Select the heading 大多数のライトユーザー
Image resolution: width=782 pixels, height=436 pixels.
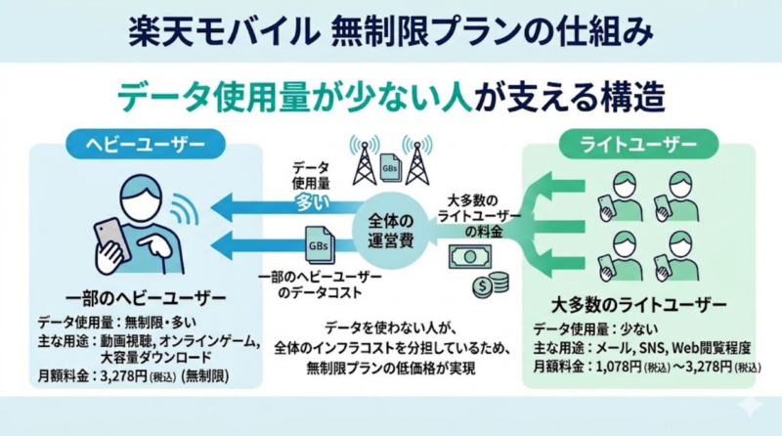639,303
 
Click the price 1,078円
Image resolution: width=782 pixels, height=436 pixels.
626,367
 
